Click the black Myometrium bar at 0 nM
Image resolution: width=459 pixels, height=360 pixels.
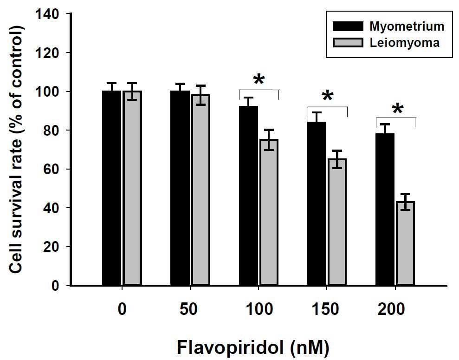click(x=111, y=188)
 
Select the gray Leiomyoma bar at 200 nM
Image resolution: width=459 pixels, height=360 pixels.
click(x=406, y=243)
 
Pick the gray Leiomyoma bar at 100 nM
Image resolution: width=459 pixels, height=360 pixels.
click(x=269, y=212)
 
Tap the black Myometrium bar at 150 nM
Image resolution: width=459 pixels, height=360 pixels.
click(x=317, y=203)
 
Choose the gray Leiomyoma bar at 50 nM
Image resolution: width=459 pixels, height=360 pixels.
click(x=200, y=190)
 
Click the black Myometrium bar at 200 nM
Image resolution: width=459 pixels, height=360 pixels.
click(x=385, y=209)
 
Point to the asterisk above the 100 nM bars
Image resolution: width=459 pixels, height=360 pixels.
click(x=259, y=80)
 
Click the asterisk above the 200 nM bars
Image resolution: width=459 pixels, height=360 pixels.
click(x=397, y=109)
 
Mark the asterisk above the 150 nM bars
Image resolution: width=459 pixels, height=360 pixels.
click(x=328, y=96)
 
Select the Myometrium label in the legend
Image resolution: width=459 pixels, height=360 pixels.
click(x=407, y=26)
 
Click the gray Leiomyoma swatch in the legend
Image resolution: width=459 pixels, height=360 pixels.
click(x=348, y=43)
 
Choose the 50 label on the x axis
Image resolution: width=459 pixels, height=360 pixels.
click(x=189, y=309)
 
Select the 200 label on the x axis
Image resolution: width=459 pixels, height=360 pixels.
click(x=391, y=309)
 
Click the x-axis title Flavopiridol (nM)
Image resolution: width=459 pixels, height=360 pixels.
click(x=253, y=348)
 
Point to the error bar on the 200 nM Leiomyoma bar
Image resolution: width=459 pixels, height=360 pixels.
click(x=406, y=202)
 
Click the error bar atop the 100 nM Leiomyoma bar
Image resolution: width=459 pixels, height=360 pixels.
click(x=269, y=140)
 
